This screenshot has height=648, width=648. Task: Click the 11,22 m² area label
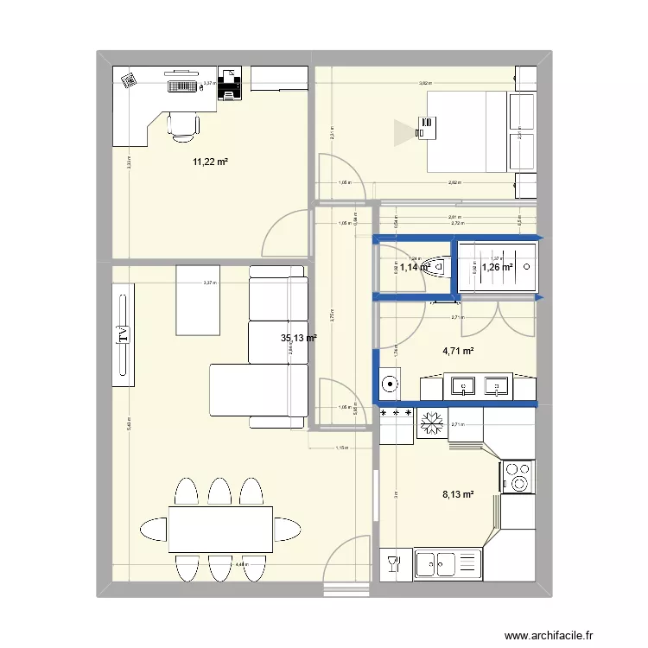click(210, 162)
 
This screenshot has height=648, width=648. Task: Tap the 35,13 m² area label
click(298, 339)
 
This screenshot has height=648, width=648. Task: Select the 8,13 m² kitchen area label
click(457, 495)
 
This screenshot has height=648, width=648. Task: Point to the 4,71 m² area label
click(458, 352)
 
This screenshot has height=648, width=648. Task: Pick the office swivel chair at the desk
click(183, 124)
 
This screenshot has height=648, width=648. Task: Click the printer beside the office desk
click(230, 85)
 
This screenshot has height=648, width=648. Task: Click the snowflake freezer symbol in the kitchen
click(429, 422)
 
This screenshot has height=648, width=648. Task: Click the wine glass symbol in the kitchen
click(395, 564)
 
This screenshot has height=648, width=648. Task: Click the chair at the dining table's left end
click(151, 527)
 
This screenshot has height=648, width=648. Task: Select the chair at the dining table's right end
click(289, 527)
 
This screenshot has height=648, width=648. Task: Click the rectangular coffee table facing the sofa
click(200, 300)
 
